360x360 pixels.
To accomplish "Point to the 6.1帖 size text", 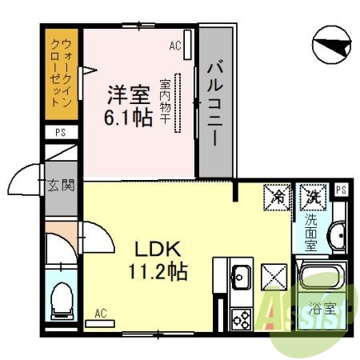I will (x=128, y=118).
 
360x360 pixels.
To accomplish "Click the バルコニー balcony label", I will (x=216, y=101).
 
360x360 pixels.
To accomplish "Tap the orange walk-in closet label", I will (x=61, y=74).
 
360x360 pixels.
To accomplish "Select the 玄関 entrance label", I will (x=61, y=187).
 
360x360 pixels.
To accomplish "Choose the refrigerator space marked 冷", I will (x=278, y=194).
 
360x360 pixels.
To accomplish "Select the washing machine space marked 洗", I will (x=310, y=194).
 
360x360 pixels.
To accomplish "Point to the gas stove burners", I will (x=240, y=318).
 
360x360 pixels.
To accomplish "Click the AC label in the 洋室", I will (x=175, y=46).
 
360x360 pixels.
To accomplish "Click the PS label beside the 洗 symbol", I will (x=341, y=190).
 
